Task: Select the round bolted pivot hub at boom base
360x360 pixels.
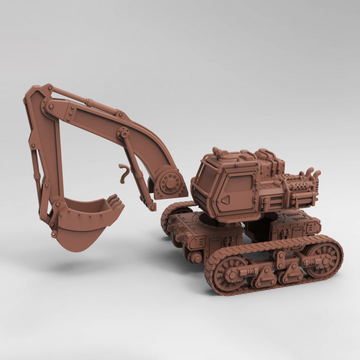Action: [170, 183]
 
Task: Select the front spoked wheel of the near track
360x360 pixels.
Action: [230, 273]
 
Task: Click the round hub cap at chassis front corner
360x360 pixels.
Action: [196, 258]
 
